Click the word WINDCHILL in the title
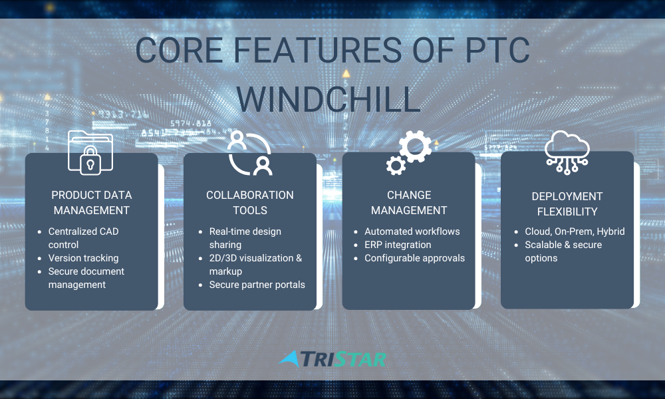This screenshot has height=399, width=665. pos(329,99)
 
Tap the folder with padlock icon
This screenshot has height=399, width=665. pos(90,153)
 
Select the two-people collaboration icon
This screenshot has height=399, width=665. pos(250,153)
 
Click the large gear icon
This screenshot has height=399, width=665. pos(415,146)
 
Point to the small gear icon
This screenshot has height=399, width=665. pos(396,166)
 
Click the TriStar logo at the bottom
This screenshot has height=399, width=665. pos(332,359)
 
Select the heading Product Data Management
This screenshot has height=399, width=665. pos(92,203)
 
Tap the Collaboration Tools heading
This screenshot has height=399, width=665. pos(250,203)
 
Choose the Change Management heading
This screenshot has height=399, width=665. pos(409,203)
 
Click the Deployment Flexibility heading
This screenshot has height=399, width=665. pos(567,204)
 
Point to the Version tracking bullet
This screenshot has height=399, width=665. pos(83,258)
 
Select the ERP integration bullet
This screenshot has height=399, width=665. pos(398,245)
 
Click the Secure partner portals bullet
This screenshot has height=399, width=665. pos(257,285)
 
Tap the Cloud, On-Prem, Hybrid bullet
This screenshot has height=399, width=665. pos(575,231)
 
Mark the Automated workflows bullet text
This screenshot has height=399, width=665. pos(412,231)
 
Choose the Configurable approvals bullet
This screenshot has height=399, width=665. pos(415,258)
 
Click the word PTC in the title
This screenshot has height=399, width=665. pos(497,50)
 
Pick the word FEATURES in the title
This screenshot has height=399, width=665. pos(317,50)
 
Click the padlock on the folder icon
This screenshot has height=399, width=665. pos(90,161)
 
